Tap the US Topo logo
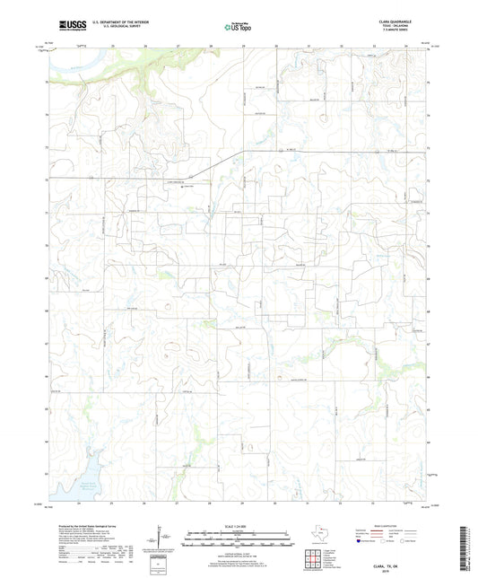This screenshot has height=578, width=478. coord(239,26)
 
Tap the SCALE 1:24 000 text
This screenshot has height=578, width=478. coord(239,525)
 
